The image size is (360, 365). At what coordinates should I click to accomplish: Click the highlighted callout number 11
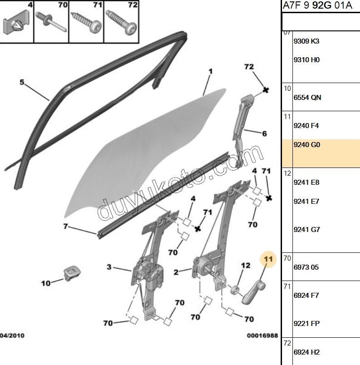268,259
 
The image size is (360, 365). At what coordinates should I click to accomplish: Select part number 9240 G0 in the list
307,145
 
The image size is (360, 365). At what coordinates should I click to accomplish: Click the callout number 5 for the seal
22,82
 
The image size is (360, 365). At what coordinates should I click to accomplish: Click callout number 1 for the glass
210,71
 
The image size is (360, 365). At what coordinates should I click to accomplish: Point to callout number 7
65,226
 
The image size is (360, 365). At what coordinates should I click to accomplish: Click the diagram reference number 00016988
262,335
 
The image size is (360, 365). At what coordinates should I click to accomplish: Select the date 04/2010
13,335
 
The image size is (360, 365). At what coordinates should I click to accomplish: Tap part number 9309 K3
306,41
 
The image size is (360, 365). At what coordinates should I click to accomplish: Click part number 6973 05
306,267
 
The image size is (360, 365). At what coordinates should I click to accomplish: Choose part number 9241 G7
307,230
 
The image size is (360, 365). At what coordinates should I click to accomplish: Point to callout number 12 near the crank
245,265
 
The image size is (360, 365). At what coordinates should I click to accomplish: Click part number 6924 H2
307,352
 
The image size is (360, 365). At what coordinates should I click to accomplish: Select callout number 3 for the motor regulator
109,267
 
